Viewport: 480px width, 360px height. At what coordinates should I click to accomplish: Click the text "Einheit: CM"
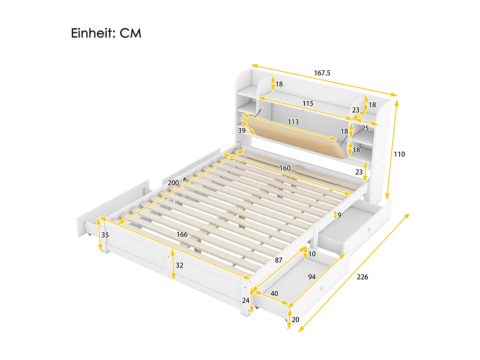tap(106, 33)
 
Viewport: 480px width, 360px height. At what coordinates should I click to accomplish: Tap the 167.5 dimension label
tap(322, 73)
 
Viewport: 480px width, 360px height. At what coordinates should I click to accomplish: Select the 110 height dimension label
tap(399, 154)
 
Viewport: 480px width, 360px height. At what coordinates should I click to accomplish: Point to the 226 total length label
tap(362, 277)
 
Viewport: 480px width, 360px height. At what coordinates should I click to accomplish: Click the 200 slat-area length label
tap(173, 183)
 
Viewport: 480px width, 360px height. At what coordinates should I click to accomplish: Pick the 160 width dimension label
tap(285, 168)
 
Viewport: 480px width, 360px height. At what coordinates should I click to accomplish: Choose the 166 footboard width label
tap(182, 235)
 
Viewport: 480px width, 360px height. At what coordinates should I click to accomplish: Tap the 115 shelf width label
tap(308, 103)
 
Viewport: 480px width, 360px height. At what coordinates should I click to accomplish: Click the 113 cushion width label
tap(293, 122)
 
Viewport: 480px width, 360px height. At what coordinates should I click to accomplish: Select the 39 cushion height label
tap(242, 131)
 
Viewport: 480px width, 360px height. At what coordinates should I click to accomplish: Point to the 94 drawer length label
tap(312, 277)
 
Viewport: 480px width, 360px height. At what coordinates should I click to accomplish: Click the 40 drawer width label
tap(274, 293)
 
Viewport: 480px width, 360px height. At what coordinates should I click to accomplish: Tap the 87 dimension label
tap(278, 260)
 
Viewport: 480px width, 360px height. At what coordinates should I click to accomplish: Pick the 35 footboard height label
tap(105, 235)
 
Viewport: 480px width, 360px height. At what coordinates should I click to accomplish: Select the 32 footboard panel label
tap(180, 265)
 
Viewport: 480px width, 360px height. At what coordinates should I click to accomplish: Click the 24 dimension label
tap(245, 300)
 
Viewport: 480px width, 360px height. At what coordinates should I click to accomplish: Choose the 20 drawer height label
tap(295, 320)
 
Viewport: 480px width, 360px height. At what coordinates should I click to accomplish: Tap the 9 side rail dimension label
tap(339, 215)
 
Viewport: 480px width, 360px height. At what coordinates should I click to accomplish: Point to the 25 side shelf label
tap(365, 128)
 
